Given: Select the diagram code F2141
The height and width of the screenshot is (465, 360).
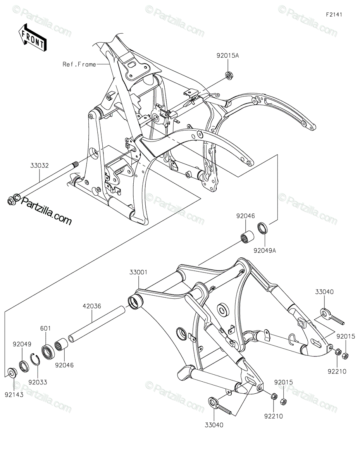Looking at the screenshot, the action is pyautogui.click(x=334, y=15).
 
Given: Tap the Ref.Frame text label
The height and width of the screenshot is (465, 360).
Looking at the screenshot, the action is pyautogui.click(x=79, y=64).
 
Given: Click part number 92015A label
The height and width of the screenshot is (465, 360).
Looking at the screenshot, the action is pyautogui.click(x=227, y=56).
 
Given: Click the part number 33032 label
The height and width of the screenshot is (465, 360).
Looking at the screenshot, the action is pyautogui.click(x=40, y=165).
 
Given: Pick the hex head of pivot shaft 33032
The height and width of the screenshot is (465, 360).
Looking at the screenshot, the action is pyautogui.click(x=11, y=201).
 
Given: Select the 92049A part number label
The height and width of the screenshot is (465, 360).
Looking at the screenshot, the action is pyautogui.click(x=265, y=250).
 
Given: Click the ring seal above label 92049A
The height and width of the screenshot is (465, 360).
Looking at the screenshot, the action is pyautogui.click(x=262, y=228).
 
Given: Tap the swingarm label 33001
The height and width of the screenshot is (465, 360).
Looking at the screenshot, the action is pyautogui.click(x=138, y=272).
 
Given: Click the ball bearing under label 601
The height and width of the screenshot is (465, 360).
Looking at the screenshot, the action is pyautogui.click(x=48, y=351).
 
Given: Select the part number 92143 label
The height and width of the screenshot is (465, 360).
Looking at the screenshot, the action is pyautogui.click(x=14, y=395).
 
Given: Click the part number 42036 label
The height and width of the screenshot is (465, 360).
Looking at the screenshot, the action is pyautogui.click(x=92, y=307).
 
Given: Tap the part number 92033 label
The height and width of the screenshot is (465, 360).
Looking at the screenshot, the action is pyautogui.click(x=38, y=382).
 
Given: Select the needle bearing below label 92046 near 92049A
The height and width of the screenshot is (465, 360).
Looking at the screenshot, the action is pyautogui.click(x=246, y=238).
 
